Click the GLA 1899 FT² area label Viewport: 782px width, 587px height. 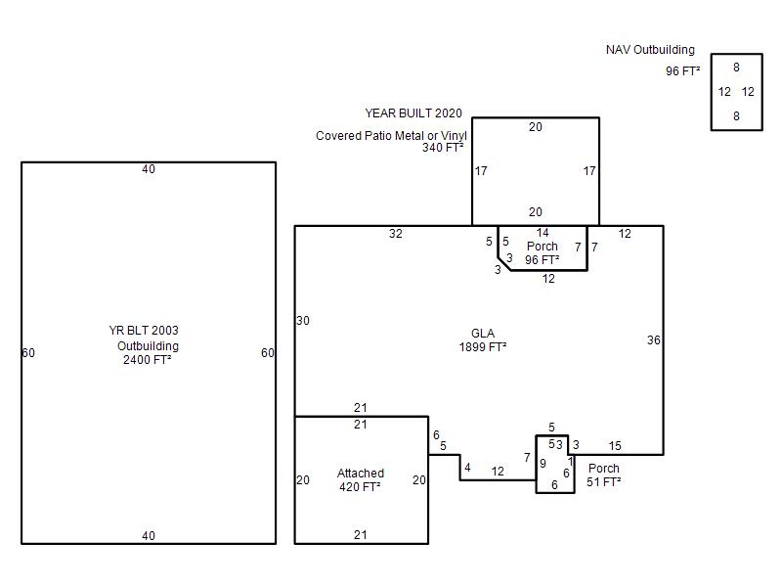(x=483, y=339)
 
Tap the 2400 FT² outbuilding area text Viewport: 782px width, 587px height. (x=148, y=359)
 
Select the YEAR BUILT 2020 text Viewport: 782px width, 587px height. (x=413, y=113)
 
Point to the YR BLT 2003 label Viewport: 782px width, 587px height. (x=144, y=331)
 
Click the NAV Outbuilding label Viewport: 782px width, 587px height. (x=650, y=50)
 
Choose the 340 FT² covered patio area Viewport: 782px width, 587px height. (x=443, y=148)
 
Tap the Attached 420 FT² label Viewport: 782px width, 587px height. (x=361, y=479)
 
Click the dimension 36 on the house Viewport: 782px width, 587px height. (x=654, y=340)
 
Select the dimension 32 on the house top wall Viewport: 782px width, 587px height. (x=396, y=234)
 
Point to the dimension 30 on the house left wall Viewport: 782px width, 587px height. (x=303, y=321)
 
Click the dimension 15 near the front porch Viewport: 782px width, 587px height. (x=615, y=446)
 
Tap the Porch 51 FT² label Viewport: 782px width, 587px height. (x=604, y=474)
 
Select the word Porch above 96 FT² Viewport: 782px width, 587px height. (x=543, y=247)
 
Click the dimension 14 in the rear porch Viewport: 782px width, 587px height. (x=543, y=233)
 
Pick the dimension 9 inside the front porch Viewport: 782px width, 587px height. (x=543, y=463)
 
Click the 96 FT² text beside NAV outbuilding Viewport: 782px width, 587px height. (x=682, y=70)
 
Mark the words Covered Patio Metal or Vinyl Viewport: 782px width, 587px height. (x=392, y=135)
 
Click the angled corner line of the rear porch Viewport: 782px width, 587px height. (x=504, y=264)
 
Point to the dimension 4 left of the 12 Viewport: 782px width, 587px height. (x=467, y=468)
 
